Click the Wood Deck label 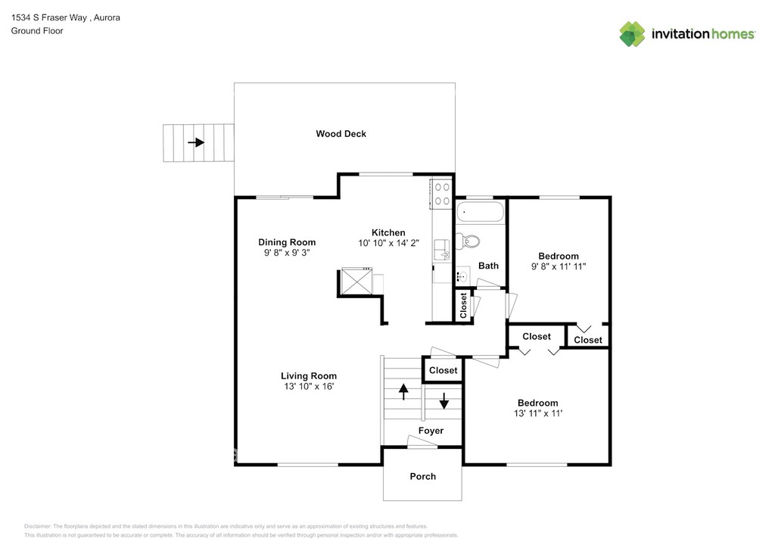[x=341, y=134]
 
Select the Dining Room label [x=287, y=243]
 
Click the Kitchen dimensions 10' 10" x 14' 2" [x=388, y=243]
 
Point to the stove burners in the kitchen [x=441, y=194]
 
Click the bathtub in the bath [x=480, y=212]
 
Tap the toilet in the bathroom [x=470, y=241]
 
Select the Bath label [x=488, y=266]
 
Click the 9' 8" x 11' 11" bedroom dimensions [x=559, y=266]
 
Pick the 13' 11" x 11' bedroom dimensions [x=537, y=413]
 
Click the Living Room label [x=309, y=376]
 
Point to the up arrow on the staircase [x=403, y=391]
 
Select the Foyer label [x=431, y=431]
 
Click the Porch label [x=422, y=476]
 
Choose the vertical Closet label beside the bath [x=463, y=306]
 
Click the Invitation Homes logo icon [x=633, y=34]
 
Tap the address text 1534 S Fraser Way [x=48, y=17]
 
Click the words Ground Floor [x=37, y=31]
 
